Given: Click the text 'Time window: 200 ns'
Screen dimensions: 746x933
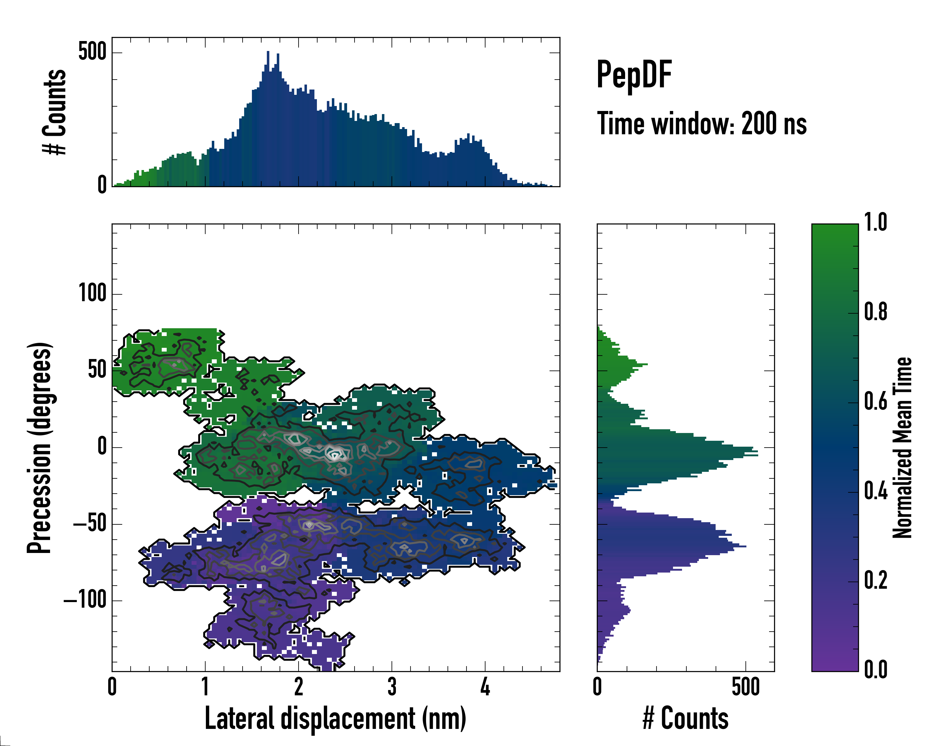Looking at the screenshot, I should (x=702, y=124).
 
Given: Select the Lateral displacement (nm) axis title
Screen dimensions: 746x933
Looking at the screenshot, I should (x=335, y=718).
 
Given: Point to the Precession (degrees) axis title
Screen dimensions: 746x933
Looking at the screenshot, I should (x=40, y=448).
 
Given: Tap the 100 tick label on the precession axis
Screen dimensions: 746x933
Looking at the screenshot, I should (x=92, y=294).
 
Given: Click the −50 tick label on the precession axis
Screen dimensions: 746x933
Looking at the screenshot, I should (x=90, y=524).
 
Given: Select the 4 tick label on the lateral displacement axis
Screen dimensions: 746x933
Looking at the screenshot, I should (x=485, y=687).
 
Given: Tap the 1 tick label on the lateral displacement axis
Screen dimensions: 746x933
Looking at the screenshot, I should (x=205, y=687).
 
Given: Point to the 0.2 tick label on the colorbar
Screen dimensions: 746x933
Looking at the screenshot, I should (x=875, y=580).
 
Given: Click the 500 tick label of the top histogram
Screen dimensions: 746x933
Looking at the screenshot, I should (x=92, y=52).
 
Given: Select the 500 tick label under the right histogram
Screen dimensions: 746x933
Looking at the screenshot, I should (x=745, y=687).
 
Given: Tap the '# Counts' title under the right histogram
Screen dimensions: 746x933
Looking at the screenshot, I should (x=685, y=718).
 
